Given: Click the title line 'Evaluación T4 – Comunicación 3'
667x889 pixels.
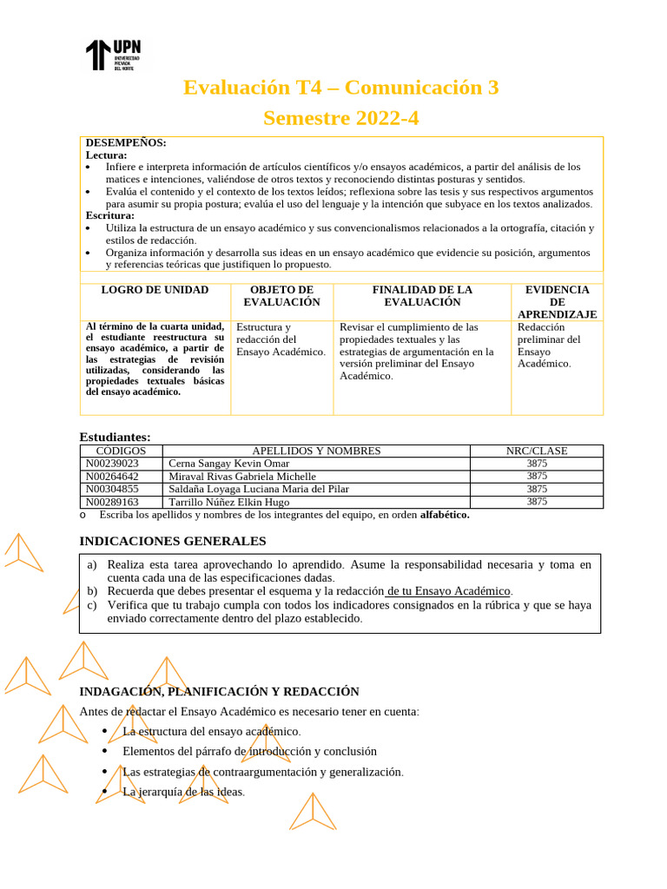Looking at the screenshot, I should [x=340, y=88].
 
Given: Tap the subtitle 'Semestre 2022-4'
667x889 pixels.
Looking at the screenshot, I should [x=340, y=118].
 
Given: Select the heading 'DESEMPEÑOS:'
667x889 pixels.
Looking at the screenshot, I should [x=126, y=142].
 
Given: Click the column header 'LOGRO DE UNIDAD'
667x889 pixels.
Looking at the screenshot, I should [x=155, y=290].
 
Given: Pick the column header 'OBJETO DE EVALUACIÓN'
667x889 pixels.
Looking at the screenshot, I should [x=281, y=296].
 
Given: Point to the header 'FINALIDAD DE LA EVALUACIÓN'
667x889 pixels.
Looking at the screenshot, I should [x=422, y=296].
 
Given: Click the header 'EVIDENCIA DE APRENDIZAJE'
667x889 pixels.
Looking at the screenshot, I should [x=557, y=302].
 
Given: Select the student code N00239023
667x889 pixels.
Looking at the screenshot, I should [x=112, y=464].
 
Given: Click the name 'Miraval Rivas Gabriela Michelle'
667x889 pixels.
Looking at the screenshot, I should [x=242, y=477].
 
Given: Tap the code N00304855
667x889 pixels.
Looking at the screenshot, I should [x=112, y=489].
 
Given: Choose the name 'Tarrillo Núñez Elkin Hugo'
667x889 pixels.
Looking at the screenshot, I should [x=229, y=502].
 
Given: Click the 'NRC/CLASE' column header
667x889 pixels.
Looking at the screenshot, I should [x=537, y=451].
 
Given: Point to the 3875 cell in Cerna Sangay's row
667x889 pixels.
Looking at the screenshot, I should [x=537, y=464].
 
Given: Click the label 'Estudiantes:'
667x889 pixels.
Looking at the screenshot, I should [x=115, y=437].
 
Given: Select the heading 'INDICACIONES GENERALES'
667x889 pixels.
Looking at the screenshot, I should [x=173, y=541].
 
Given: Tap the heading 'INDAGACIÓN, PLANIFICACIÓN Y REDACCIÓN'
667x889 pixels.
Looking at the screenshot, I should [x=219, y=692].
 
